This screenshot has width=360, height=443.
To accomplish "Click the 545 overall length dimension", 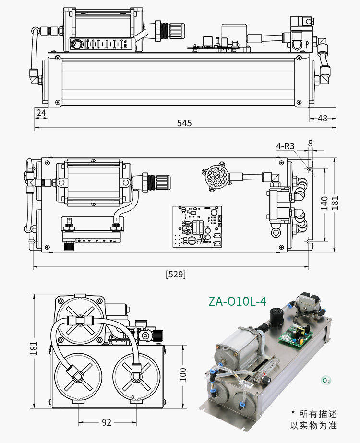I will click(x=184, y=123).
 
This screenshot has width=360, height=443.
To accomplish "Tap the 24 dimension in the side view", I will click(x=41, y=113).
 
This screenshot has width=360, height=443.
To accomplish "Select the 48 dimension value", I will click(x=322, y=118).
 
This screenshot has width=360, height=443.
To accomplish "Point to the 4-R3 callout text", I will click(x=285, y=146).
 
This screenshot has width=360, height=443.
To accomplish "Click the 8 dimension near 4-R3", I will click(x=310, y=143).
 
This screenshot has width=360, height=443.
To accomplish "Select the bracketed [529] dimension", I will click(x=175, y=275).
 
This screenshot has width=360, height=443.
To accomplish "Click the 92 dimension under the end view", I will click(x=107, y=422).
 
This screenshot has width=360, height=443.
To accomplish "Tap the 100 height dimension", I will click(x=183, y=374).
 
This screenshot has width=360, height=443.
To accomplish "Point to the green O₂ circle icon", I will click(x=326, y=381).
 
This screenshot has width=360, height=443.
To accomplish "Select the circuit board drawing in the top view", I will click(x=197, y=227).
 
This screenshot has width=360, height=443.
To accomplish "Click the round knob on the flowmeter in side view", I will click(x=76, y=45).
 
